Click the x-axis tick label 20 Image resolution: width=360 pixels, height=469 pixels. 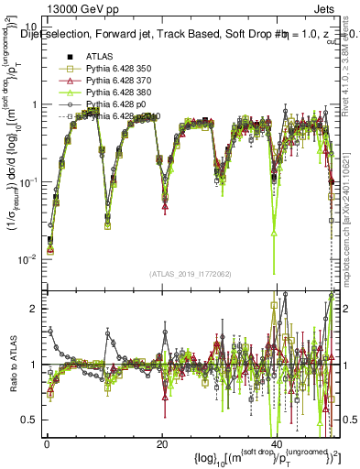(161, 443)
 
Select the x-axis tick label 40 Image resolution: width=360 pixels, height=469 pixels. (278, 443)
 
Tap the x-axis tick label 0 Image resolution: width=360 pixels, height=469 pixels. (46, 443)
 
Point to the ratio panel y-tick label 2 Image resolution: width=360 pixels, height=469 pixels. (32, 309)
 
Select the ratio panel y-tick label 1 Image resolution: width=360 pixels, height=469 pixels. (32, 365)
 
